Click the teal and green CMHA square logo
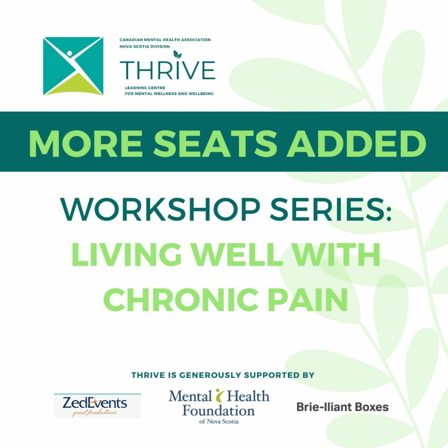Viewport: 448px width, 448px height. pos(73,66)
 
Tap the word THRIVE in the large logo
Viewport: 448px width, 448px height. pos(168,70)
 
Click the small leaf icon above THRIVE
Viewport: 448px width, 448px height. pos(178,54)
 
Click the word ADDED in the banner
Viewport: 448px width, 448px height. pos(356,143)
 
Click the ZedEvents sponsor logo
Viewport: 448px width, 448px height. pos(98,406)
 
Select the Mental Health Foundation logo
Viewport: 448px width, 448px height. pos(219,406)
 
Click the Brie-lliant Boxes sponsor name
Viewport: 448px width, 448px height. pos(343,407)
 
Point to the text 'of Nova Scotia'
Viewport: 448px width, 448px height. pos(219,421)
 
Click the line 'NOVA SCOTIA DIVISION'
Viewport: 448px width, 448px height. pos(144,46)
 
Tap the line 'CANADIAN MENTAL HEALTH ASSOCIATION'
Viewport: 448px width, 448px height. pos(165,40)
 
